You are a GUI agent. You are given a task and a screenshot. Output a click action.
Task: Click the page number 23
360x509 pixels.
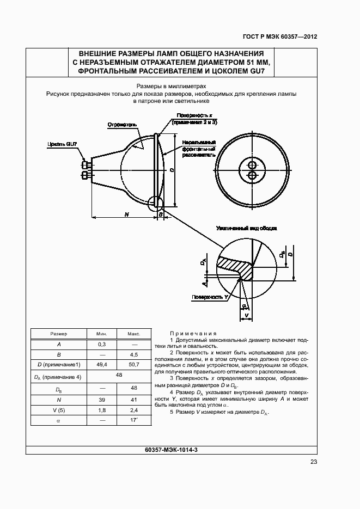tap(314, 462)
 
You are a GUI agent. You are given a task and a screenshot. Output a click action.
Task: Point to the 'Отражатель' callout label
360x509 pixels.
tap(121, 124)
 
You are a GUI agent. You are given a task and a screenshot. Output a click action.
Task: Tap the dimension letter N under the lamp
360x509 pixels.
tap(126, 214)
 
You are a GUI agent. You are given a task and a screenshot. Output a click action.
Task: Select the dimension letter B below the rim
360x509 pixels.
tap(161, 215)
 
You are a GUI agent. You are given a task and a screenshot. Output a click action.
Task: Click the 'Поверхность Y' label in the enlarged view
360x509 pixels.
tap(209, 297)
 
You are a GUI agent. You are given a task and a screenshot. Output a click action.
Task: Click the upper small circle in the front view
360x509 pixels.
tap(252, 164)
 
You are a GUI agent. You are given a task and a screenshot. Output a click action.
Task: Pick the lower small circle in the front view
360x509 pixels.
tap(252, 175)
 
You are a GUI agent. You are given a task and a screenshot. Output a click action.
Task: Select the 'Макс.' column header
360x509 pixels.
tap(134, 334)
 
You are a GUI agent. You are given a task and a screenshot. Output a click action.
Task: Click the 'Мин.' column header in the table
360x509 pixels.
tap(102, 334)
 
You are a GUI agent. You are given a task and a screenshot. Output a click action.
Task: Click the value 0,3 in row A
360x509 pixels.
tap(102, 344)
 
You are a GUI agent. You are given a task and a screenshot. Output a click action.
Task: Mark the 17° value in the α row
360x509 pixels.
tap(134, 420)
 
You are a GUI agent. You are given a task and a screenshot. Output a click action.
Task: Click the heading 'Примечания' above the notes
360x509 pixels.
tap(193, 333)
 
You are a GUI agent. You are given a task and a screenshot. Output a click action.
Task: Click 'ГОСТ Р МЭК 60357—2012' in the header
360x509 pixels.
tap(280, 37)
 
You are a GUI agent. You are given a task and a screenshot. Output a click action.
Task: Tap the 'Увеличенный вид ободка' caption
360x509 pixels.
tap(246, 228)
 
